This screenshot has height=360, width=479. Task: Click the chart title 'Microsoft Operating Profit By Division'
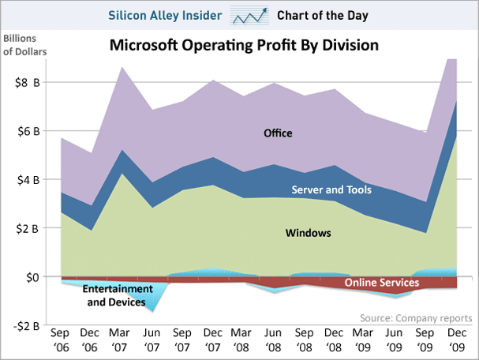click(x=244, y=46)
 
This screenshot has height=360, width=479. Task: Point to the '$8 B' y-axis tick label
click(x=24, y=82)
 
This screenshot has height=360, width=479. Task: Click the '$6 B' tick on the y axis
click(x=24, y=131)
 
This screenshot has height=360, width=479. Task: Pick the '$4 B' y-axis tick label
click(x=24, y=180)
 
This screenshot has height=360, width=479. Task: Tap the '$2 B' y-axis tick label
click(x=24, y=229)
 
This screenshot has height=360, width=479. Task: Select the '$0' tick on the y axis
click(x=30, y=277)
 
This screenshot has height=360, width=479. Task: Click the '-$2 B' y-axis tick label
click(x=23, y=326)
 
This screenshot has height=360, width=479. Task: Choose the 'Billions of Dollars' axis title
click(x=24, y=46)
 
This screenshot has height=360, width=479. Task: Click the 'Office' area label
click(x=278, y=133)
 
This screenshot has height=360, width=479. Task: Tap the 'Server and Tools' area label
click(x=332, y=189)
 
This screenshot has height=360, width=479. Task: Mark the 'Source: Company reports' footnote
click(x=414, y=317)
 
